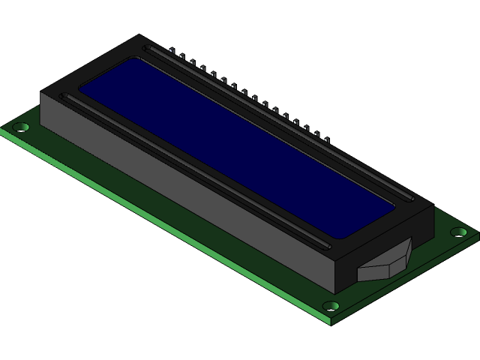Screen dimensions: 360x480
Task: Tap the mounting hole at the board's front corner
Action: coord(331,305)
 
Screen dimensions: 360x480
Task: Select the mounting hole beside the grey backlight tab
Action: coord(460,232)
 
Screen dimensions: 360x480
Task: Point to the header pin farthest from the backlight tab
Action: coord(172,51)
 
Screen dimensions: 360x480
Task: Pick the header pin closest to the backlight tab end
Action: coord(327,137)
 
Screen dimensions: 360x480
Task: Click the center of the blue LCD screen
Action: coord(237,147)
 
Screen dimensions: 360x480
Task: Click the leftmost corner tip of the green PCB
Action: coord(2,130)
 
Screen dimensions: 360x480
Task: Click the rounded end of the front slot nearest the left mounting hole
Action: coord(66,97)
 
